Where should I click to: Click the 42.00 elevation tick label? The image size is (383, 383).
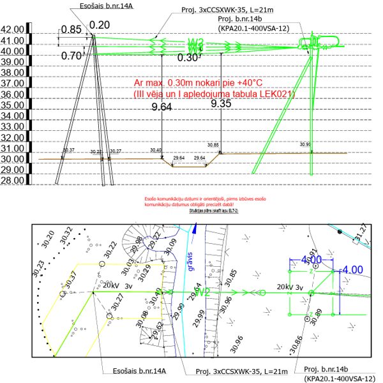pos(13,30)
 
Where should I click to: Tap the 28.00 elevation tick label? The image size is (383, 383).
pos(13,181)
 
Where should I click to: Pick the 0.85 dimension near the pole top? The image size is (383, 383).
pos(71,29)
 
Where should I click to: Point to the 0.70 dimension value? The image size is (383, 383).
pos(71,56)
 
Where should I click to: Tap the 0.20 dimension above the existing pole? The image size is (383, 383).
pos(100,24)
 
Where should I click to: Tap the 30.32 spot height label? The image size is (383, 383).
pos(64,237)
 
